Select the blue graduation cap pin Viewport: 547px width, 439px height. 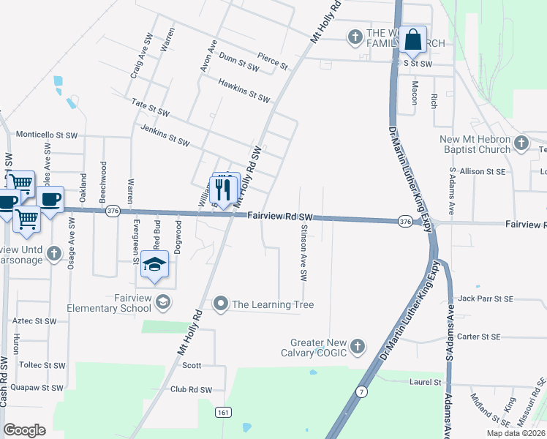tap(154, 266)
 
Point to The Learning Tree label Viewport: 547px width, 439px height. tap(264, 304)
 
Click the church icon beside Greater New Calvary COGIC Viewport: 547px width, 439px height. tap(357, 345)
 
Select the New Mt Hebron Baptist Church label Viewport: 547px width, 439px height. tap(475, 144)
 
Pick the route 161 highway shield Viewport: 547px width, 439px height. tap(224, 413)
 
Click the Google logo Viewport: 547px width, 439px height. tap(25, 429)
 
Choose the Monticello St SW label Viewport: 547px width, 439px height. tap(47, 135)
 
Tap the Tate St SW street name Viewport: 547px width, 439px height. tap(150, 108)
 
